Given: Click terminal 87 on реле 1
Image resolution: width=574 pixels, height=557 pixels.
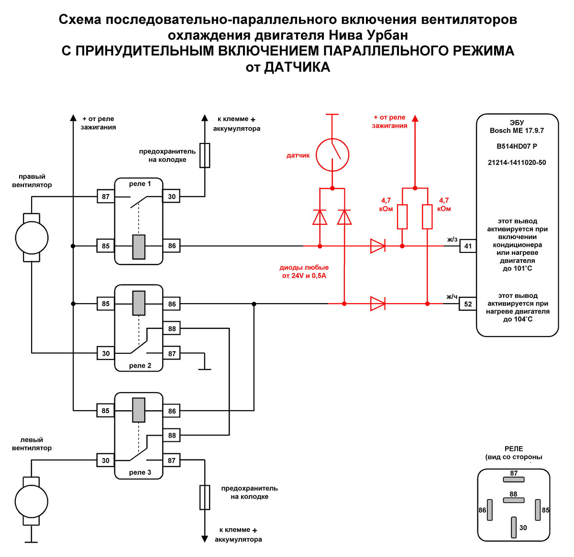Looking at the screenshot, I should point(106,197).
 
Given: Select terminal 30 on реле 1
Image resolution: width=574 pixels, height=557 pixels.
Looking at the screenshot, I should point(172,197).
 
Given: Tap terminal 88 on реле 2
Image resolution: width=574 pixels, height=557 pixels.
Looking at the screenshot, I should point(172,328).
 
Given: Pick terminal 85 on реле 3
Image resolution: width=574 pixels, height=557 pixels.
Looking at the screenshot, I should point(106,411).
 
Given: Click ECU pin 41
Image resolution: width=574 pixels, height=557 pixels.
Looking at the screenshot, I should point(468,246).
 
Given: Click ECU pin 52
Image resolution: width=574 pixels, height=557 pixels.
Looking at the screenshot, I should point(468,304).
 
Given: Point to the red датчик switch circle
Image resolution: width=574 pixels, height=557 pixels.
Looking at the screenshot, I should point(332,155).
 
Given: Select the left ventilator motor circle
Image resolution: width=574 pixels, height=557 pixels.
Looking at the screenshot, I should point(32,502).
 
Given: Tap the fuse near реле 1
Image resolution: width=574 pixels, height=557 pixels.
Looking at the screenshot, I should point(205,155).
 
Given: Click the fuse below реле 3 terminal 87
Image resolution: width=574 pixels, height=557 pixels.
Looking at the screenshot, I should point(205,497).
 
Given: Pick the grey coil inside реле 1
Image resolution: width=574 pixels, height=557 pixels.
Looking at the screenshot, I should point(139,247).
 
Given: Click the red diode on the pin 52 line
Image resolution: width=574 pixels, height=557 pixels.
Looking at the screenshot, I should point(378,304).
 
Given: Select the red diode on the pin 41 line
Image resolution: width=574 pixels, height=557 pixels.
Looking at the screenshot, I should point(378,246).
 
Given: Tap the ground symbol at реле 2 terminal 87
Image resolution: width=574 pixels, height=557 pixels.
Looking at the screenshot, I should point(205,368).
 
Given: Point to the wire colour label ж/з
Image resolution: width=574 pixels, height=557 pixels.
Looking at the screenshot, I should point(452,239).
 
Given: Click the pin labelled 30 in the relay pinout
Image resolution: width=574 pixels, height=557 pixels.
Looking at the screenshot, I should point(514,527).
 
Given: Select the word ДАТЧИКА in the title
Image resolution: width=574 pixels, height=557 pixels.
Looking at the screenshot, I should point(297,67).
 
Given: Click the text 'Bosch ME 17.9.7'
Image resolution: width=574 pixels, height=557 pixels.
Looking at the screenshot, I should point(517,131).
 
